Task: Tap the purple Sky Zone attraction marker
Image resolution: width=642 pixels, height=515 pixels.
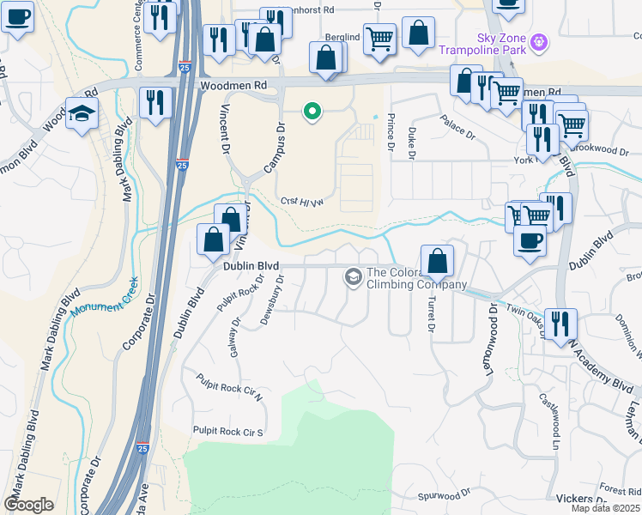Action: pyautogui.click(x=539, y=40)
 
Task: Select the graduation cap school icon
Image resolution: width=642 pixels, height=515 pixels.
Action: pyautogui.click(x=82, y=114)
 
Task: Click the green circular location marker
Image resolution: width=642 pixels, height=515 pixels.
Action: pyautogui.click(x=313, y=111)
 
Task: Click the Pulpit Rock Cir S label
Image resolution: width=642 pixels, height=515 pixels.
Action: pyautogui.click(x=227, y=431)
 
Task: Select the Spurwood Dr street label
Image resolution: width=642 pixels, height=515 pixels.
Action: pyautogui.click(x=445, y=495)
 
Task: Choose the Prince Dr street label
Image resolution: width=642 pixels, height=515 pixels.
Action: pyautogui.click(x=391, y=133)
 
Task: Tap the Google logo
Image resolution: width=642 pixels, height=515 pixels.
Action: pyautogui.click(x=28, y=505)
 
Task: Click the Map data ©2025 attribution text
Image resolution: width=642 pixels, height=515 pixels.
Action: pyautogui.click(x=605, y=508)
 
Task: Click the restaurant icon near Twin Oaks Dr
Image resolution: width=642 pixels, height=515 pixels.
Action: pyautogui.click(x=560, y=323)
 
